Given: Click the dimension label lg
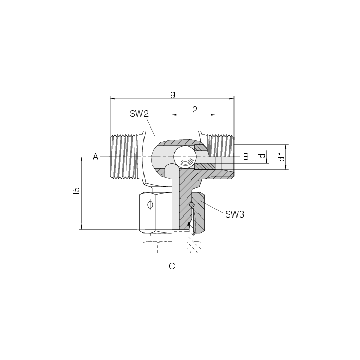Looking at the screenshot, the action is pyautogui.click(x=171, y=94).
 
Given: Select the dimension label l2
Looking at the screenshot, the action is pyautogui.click(x=194, y=110).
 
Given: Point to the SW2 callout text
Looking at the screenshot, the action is pyautogui.click(x=139, y=114).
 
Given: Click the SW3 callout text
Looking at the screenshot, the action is pyautogui.click(x=235, y=214).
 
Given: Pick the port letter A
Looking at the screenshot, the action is pyautogui.click(x=95, y=157).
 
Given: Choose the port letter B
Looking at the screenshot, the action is pyautogui.click(x=246, y=157).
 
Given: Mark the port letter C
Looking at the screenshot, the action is pyautogui.click(x=172, y=266).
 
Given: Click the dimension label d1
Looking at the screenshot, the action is pyautogui.click(x=282, y=156).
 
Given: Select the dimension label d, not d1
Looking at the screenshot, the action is pyautogui.click(x=262, y=156).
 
